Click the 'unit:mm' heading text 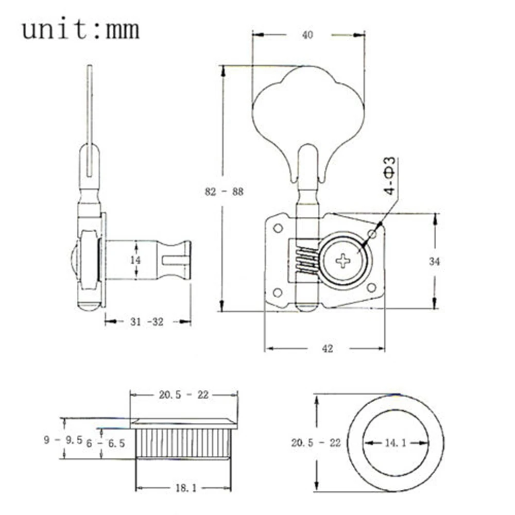81,29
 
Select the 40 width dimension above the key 307,35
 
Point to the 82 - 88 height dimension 225,191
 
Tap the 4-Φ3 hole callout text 390,176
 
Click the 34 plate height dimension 434,261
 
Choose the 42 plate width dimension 327,349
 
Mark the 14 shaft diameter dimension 135,260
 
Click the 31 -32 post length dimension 147,321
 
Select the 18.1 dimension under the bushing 186,488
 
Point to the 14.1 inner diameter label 396,443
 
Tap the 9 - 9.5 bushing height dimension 63,440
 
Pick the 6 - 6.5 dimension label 106,443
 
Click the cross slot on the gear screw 343,261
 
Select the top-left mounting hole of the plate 278,228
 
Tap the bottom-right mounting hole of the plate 371,288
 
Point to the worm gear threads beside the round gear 307,261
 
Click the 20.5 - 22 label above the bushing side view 184,394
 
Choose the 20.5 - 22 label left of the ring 316,443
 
